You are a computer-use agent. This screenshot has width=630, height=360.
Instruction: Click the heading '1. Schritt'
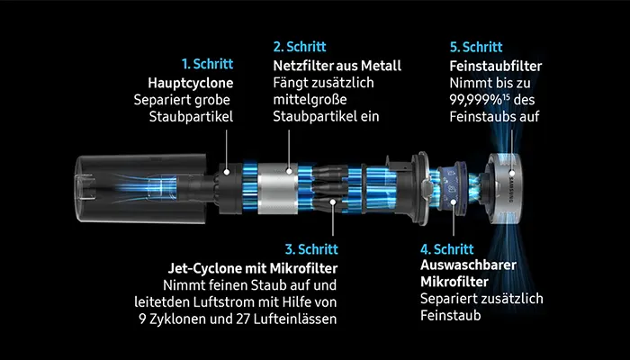tap(207, 65)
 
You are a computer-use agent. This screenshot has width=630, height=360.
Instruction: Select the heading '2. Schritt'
tap(300, 45)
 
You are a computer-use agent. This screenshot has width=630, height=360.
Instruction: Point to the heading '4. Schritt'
tap(447, 247)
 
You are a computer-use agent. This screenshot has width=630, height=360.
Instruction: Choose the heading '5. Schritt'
tap(475, 45)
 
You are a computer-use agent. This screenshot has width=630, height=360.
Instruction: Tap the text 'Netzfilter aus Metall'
tap(337, 65)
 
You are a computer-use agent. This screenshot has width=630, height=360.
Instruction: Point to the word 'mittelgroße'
tap(307, 99)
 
